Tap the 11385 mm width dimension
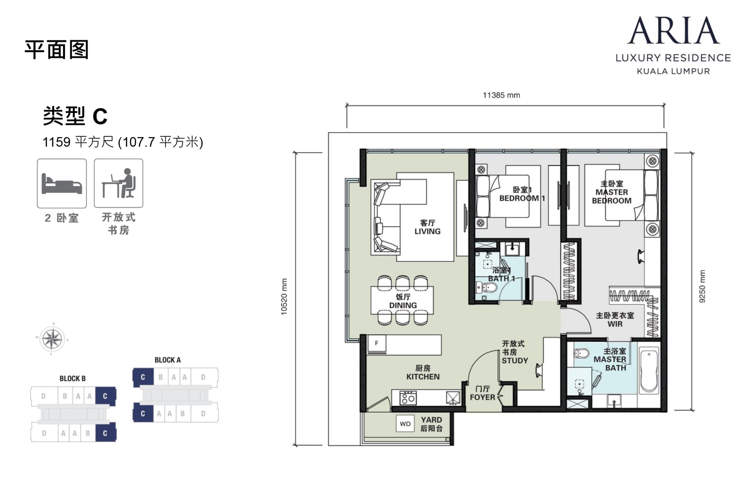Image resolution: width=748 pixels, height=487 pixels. coord(501,95)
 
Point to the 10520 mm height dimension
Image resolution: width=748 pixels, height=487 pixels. coord(284,297)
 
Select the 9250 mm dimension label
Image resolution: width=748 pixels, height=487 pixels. coord(702,286)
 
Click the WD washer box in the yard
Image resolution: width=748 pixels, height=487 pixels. coord(405,424)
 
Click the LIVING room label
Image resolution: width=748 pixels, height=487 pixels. coord(427,231)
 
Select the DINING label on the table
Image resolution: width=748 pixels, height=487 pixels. coord(403,305)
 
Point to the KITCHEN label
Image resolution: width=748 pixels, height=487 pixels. coord(423,377)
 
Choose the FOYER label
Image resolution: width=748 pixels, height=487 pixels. coord(482,397)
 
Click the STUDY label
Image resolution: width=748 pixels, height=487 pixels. coord(515,361)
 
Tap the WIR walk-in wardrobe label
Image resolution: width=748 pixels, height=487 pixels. coord(615,324)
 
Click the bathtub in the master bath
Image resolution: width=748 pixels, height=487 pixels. coord(649,371)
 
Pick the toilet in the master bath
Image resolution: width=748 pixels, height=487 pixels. coord(581,353)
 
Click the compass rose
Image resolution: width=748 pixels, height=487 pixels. coord(52,339)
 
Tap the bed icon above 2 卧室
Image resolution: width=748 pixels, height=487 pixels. coord(62,183)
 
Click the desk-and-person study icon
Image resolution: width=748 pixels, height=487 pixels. coord(119,183)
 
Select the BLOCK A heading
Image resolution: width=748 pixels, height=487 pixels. coord(168,360)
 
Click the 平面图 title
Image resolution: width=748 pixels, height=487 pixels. coord(56,50)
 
